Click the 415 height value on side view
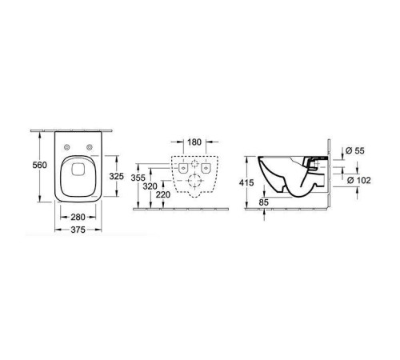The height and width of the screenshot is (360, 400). point(247,183)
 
